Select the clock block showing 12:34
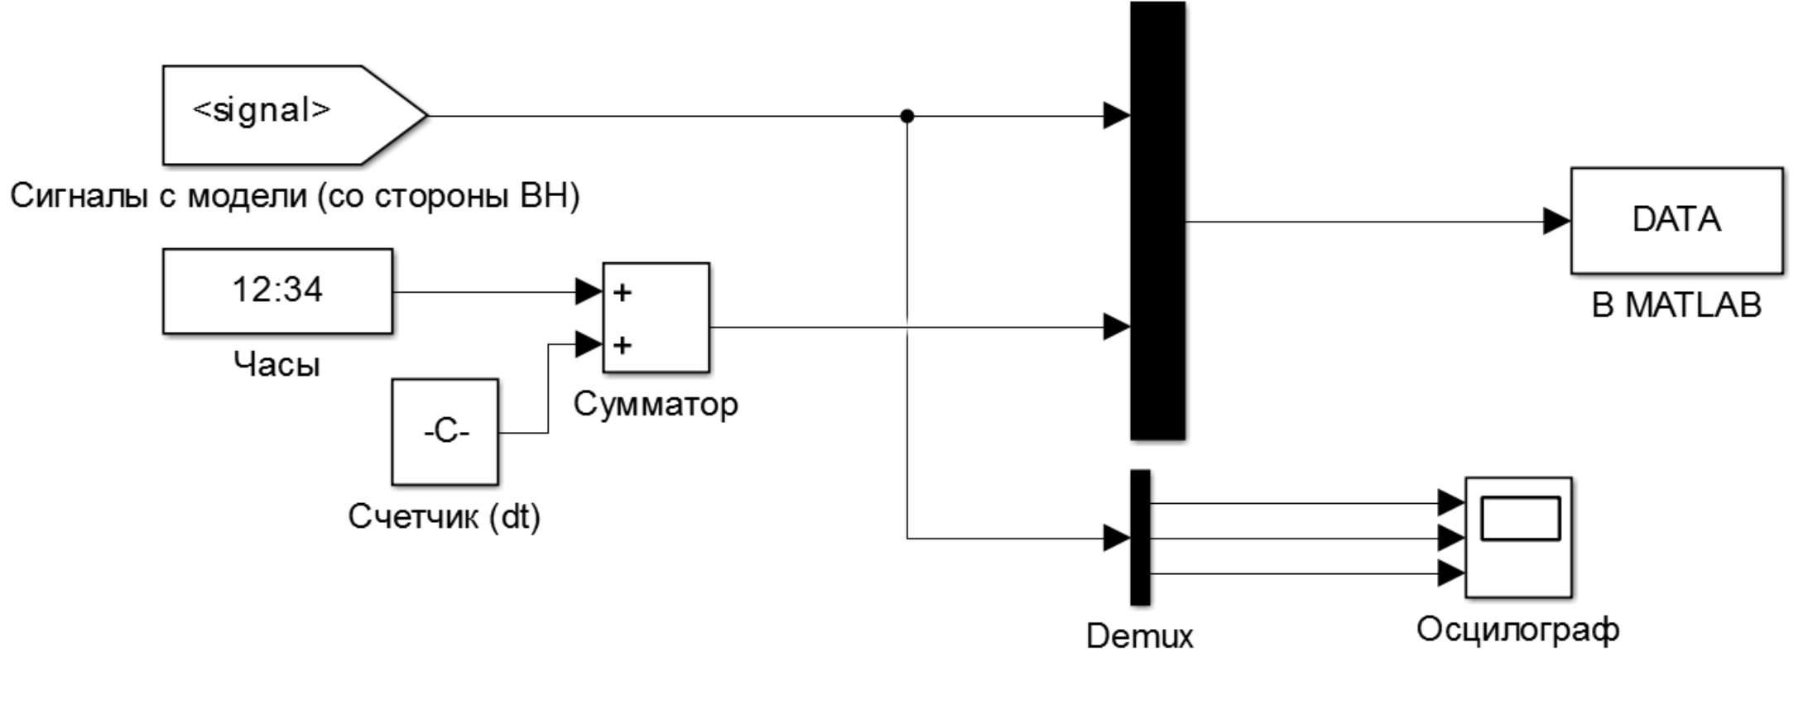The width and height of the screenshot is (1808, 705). pyautogui.click(x=277, y=291)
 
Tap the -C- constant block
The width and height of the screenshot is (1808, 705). pyautogui.click(x=445, y=432)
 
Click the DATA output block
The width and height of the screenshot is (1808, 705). pyautogui.click(x=1676, y=220)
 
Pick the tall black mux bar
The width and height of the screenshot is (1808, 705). pyautogui.click(x=1157, y=220)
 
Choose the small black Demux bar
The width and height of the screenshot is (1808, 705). pyautogui.click(x=1140, y=538)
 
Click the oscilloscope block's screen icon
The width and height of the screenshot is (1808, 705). pyautogui.click(x=1520, y=519)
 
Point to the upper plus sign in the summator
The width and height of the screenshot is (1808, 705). pyautogui.click(x=623, y=292)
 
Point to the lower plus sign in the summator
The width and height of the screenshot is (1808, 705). pyautogui.click(x=623, y=344)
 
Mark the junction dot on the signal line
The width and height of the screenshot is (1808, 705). pyautogui.click(x=907, y=116)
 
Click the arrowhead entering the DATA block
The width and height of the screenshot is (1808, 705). pyautogui.click(x=1556, y=221)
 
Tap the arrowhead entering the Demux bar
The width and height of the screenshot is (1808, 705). pyautogui.click(x=1117, y=538)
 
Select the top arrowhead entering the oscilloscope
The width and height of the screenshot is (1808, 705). pyautogui.click(x=1450, y=502)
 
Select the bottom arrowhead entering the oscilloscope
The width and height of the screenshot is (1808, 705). pyautogui.click(x=1450, y=573)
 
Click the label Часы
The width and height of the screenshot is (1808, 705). pyautogui.click(x=276, y=364)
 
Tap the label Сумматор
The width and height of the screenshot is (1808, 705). pyautogui.click(x=656, y=405)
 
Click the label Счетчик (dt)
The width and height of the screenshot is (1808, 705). pyautogui.click(x=444, y=516)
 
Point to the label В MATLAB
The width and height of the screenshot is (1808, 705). pyautogui.click(x=1676, y=305)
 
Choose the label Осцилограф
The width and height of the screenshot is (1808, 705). pyautogui.click(x=1517, y=630)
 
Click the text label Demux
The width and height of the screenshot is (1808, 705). pyautogui.click(x=1140, y=636)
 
